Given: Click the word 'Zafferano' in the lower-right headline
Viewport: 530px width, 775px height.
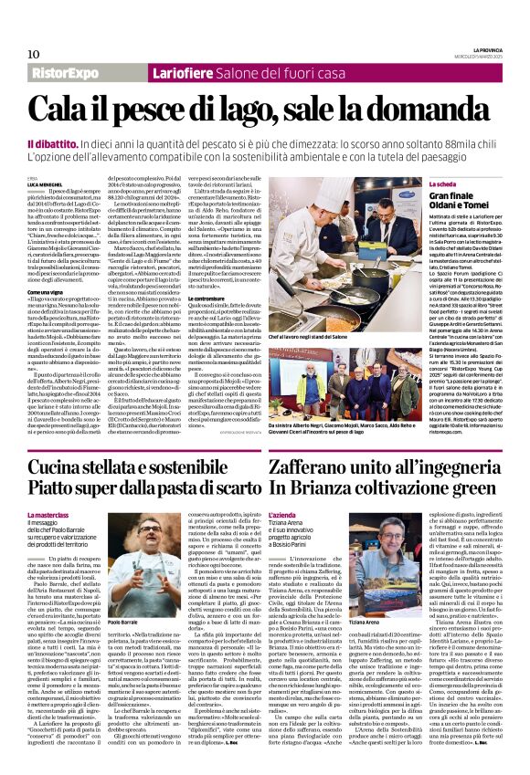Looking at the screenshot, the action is pyautogui.click(x=313, y=466).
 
